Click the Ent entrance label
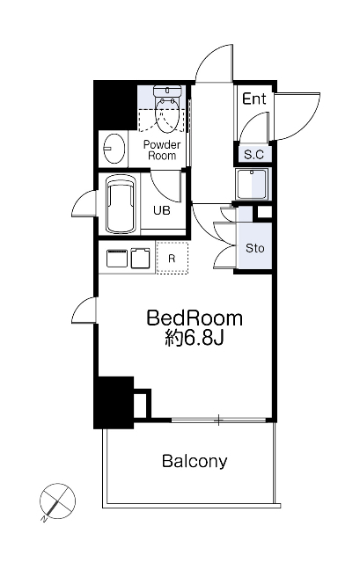[254, 99]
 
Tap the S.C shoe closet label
[253, 155]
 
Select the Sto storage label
[254, 248]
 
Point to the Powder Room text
[162, 150]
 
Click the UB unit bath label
[162, 210]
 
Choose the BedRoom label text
[195, 318]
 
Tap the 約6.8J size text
[195, 338]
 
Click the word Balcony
[195, 461]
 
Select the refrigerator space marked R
[173, 258]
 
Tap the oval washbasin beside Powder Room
[114, 149]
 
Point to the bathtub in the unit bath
[121, 204]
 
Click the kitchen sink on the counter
[117, 259]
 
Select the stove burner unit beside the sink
[140, 258]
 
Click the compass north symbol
[56, 501]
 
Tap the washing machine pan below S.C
[252, 184]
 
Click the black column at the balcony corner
[114, 403]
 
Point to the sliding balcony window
[218, 420]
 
